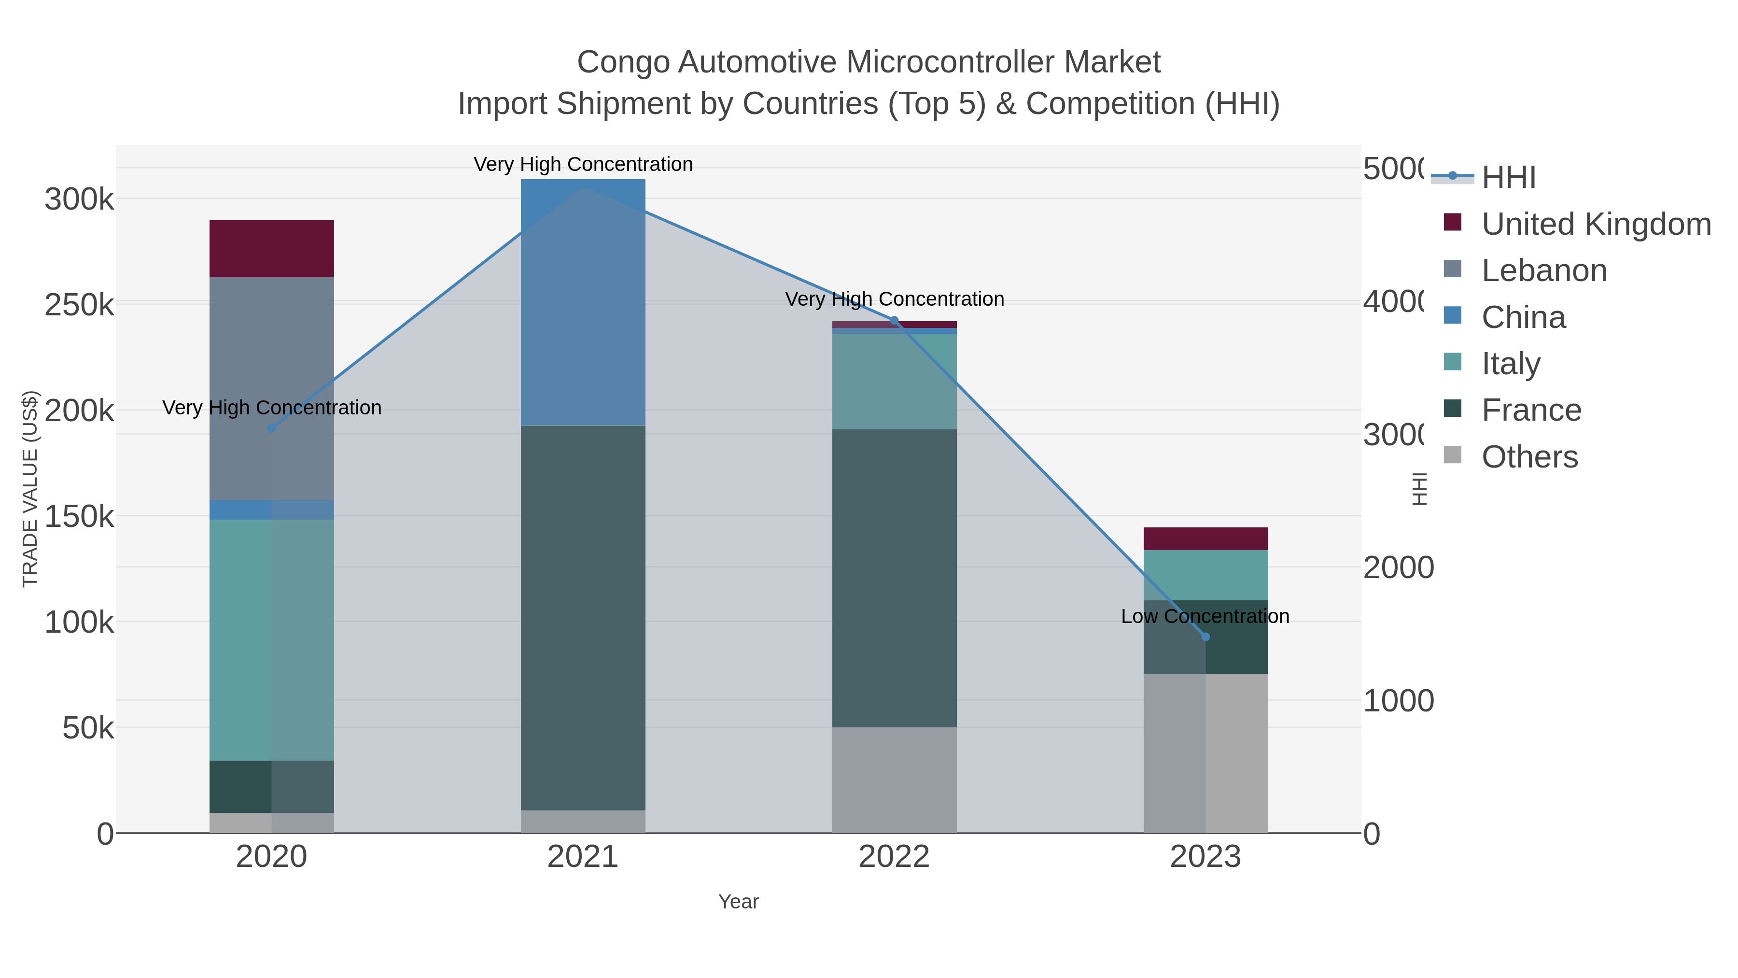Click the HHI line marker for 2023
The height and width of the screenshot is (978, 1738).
point(1205,637)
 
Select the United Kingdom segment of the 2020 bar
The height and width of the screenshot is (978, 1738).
point(271,248)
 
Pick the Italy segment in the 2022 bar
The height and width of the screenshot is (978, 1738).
point(895,382)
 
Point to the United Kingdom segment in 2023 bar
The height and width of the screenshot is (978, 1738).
point(1205,539)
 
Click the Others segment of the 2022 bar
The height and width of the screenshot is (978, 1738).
point(895,780)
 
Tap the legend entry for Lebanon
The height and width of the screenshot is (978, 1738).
point(1544,270)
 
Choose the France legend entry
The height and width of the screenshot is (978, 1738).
point(1531,411)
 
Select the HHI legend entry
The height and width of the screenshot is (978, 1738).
point(1509,178)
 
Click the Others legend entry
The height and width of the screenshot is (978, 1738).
point(1529,457)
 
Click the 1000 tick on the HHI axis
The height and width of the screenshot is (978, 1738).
point(1398,701)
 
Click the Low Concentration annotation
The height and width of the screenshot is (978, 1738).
point(1205,616)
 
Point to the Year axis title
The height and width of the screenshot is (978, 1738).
point(738,902)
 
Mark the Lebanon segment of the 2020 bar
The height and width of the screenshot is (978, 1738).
point(271,388)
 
